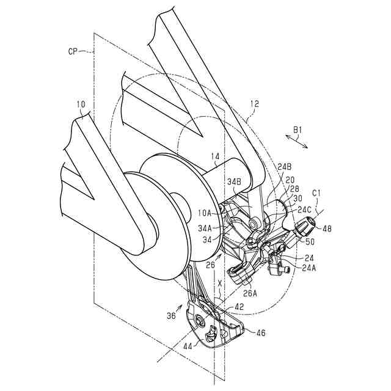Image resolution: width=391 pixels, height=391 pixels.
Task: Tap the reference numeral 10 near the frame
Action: tap(81, 105)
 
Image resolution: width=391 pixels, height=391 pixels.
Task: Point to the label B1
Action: tap(298, 129)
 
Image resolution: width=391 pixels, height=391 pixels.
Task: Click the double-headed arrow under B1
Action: tap(299, 141)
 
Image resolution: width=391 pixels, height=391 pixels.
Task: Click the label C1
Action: tap(316, 194)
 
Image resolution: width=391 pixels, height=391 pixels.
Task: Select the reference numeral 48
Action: tap(327, 229)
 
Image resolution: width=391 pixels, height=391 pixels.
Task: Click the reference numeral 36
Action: tap(171, 315)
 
